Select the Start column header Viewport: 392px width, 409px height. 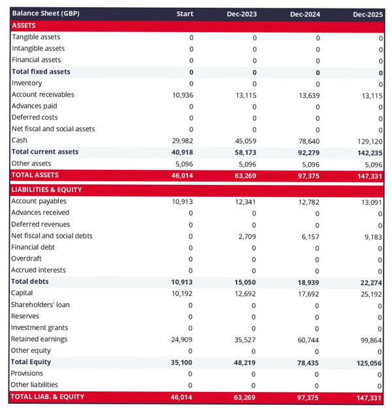[x=185, y=14]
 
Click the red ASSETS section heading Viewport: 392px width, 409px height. [x=25, y=25]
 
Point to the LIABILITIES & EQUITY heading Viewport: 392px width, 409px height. [x=46, y=189]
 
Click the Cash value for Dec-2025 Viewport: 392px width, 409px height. [x=370, y=140]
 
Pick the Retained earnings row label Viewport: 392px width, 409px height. [x=39, y=339]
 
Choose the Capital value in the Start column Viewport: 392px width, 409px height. [x=182, y=293]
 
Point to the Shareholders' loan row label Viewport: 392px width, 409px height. [x=41, y=304]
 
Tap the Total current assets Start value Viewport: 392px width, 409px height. [x=182, y=152]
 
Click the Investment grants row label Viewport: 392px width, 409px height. [x=39, y=327]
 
